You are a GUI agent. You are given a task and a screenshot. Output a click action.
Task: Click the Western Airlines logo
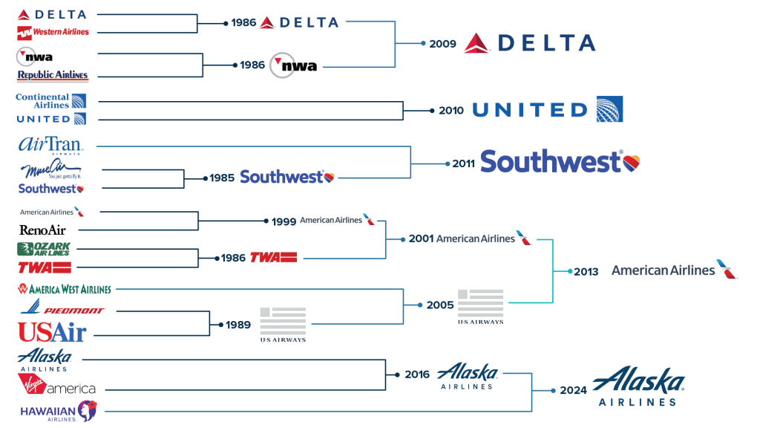[x=53, y=32]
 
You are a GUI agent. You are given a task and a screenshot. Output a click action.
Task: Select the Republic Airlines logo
[x=52, y=75]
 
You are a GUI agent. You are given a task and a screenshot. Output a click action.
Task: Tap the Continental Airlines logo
[x=50, y=101]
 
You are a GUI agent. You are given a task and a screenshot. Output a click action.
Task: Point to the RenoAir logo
[x=43, y=230]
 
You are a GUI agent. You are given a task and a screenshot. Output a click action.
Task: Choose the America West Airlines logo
[x=65, y=289]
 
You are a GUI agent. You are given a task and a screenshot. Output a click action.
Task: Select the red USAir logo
[x=52, y=331]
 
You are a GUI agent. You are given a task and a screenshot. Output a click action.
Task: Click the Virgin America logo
[x=56, y=385]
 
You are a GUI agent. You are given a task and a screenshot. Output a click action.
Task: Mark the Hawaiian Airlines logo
[x=58, y=410]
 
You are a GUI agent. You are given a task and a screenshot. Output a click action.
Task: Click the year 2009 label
[x=442, y=44]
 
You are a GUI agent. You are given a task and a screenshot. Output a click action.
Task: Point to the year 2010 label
[x=451, y=111]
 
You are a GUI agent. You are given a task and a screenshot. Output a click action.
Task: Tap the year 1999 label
[x=284, y=221]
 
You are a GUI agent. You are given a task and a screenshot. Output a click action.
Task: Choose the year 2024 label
[x=574, y=390]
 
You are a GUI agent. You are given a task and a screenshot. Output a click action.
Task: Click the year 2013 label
[x=586, y=272]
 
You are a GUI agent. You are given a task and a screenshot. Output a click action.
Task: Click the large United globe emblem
[x=610, y=109]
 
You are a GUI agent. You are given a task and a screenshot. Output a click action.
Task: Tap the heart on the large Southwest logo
[x=631, y=161]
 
